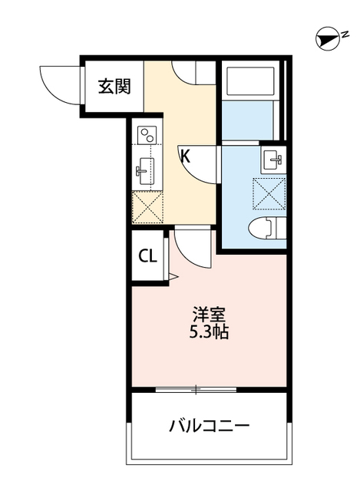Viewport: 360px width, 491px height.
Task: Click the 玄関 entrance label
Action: (114, 86)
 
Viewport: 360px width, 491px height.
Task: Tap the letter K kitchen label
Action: (185, 156)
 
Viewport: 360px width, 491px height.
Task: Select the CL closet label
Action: (147, 256)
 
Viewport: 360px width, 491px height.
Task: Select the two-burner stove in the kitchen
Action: (146, 135)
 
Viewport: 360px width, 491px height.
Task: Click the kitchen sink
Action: (144, 170)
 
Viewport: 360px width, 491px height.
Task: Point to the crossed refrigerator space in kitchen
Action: (147, 207)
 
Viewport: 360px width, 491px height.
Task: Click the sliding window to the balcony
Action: (196, 390)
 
